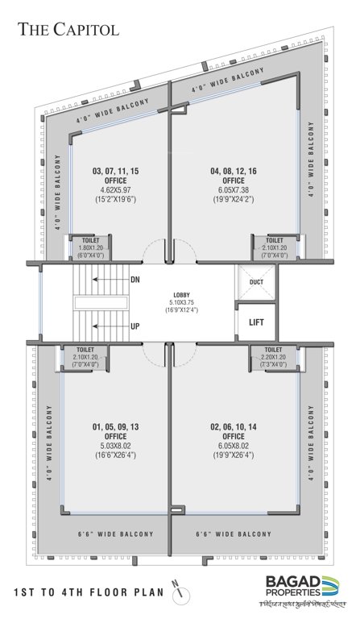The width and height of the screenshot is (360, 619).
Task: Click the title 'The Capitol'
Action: (69, 30)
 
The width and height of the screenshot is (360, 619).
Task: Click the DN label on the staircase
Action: (136, 280)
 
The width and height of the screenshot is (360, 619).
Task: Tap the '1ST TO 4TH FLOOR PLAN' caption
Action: (89, 593)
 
